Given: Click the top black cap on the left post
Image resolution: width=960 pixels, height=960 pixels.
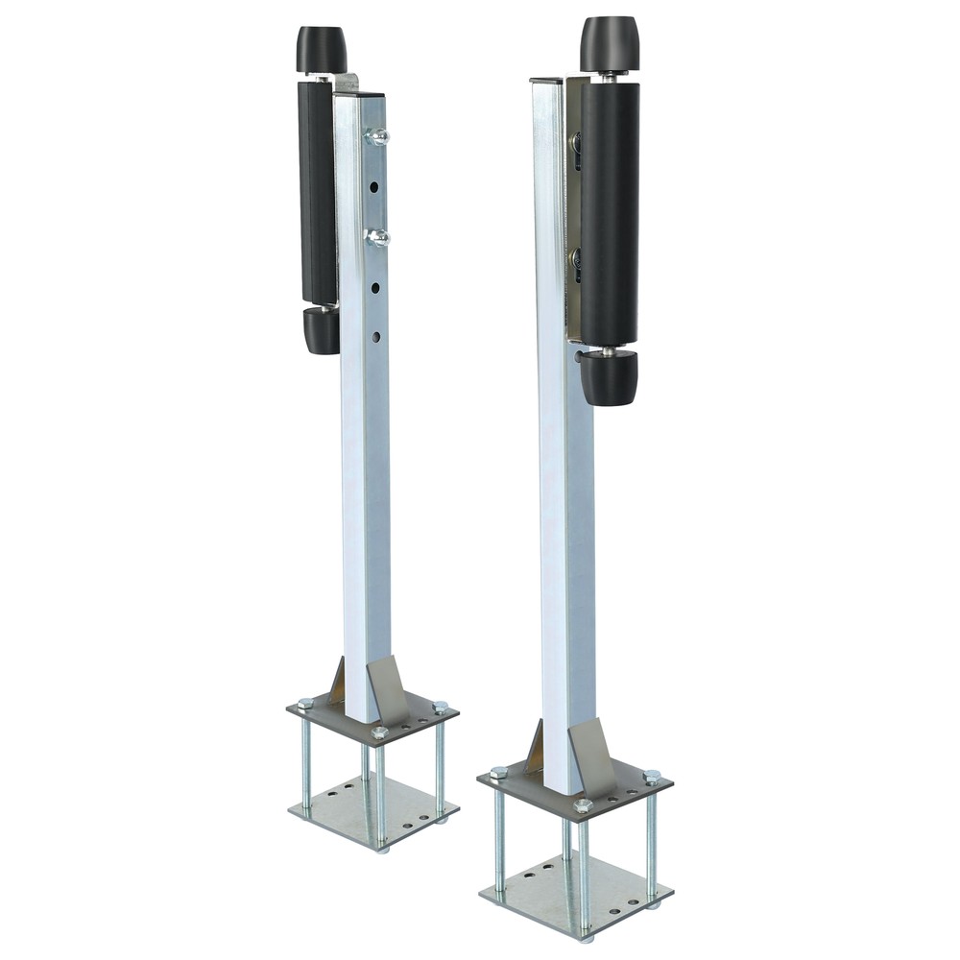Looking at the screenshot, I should [x=321, y=49].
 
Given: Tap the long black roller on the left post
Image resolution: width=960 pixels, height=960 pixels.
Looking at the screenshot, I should [x=317, y=192].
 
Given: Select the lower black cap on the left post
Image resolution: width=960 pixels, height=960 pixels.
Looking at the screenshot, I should [x=322, y=330].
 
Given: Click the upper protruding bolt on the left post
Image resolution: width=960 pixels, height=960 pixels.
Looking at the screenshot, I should [x=377, y=137].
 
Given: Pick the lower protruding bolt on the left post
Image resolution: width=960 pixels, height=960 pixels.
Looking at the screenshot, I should [x=377, y=237].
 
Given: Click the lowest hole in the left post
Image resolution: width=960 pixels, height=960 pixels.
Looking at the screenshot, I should [x=375, y=336].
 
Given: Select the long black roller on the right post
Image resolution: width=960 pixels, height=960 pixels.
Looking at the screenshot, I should [x=610, y=211].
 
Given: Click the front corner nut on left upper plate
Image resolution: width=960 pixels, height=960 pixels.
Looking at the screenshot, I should [x=379, y=733].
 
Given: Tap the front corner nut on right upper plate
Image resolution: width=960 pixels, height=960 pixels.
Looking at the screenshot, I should [x=582, y=806].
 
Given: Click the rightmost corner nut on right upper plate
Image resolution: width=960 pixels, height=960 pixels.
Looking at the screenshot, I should [x=652, y=777].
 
